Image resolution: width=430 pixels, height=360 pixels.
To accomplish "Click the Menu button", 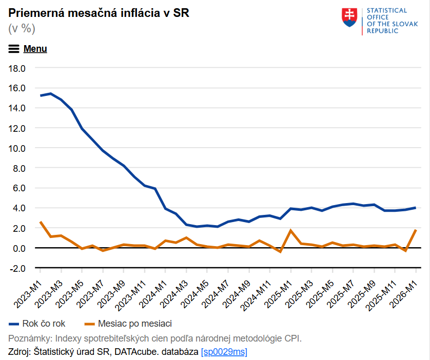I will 28,49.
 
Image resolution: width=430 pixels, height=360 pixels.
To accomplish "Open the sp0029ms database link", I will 224,352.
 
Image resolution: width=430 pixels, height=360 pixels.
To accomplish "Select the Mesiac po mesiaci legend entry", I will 128,324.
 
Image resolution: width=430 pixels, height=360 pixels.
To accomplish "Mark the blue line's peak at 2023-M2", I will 50,93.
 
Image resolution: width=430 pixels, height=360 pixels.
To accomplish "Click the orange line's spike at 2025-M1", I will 291,230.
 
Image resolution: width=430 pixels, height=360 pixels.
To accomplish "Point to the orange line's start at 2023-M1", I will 40,222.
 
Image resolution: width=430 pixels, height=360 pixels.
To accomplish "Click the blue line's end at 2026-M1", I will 416,208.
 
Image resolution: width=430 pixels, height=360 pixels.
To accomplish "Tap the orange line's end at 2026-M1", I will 416,230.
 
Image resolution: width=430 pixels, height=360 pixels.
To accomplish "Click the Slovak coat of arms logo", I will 349,18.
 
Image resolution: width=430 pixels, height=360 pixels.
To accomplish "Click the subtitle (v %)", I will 22,29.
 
